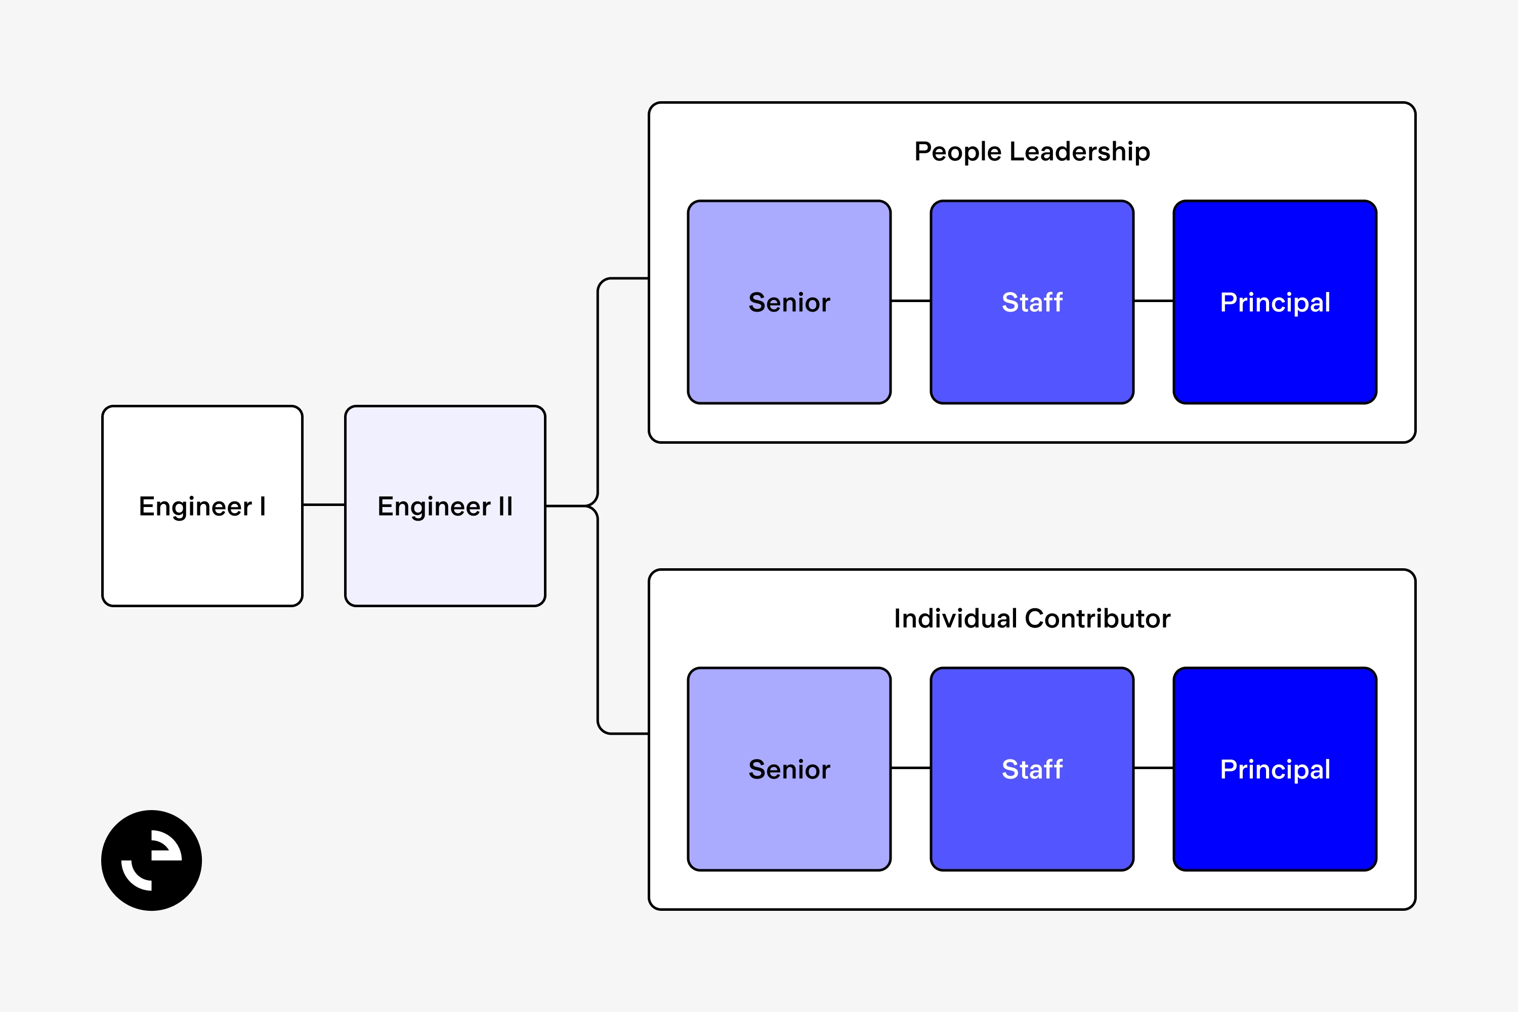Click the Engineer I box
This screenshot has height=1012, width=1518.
tap(202, 506)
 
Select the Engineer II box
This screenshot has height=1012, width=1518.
tap(445, 506)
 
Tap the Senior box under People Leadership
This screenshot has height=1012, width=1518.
tap(789, 302)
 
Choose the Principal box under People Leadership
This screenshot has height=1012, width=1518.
tap(1275, 302)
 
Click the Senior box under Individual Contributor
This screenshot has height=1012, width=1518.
tap(789, 769)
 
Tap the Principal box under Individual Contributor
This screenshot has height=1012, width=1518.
tap(1275, 769)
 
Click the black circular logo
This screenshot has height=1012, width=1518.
tap(152, 860)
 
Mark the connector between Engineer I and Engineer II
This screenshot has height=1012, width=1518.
tap(323, 504)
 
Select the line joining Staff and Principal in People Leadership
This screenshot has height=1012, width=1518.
tap(1153, 301)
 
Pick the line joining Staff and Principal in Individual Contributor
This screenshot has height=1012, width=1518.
tap(1153, 768)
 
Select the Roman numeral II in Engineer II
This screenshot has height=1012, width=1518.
tap(505, 506)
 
